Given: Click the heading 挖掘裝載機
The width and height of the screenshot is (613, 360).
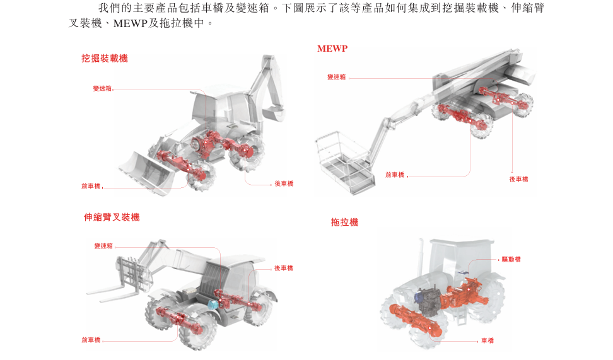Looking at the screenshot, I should point(105,59).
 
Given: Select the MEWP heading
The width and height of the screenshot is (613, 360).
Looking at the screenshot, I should point(332,49).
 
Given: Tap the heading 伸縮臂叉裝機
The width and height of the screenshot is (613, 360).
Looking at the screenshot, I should point(112,218).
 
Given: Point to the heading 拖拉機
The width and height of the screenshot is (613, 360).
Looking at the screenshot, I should point(344,223).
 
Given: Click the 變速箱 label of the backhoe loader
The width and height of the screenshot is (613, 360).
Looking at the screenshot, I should point(102,88).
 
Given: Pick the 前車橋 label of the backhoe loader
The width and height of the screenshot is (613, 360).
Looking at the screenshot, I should point(91,187).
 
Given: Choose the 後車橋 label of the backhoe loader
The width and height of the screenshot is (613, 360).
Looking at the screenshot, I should point(284,184).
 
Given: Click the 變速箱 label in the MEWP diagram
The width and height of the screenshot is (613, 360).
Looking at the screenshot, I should point(336,78).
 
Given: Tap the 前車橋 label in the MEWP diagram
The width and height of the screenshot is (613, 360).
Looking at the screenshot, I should point(395,175).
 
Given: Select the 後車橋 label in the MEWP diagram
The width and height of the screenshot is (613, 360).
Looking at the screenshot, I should point(518,180).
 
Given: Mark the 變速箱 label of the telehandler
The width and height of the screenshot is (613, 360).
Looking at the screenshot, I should point(103,246).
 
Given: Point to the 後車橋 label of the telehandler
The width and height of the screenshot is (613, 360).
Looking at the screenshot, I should point(284,269).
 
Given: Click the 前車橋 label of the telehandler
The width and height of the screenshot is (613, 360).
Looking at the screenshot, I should point(91,340).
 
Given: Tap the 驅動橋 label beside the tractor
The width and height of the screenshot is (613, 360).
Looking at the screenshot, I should point(511,260).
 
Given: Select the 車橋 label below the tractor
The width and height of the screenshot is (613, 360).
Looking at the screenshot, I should point(487,341).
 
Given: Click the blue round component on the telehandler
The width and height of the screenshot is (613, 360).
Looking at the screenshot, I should point(213,304).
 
